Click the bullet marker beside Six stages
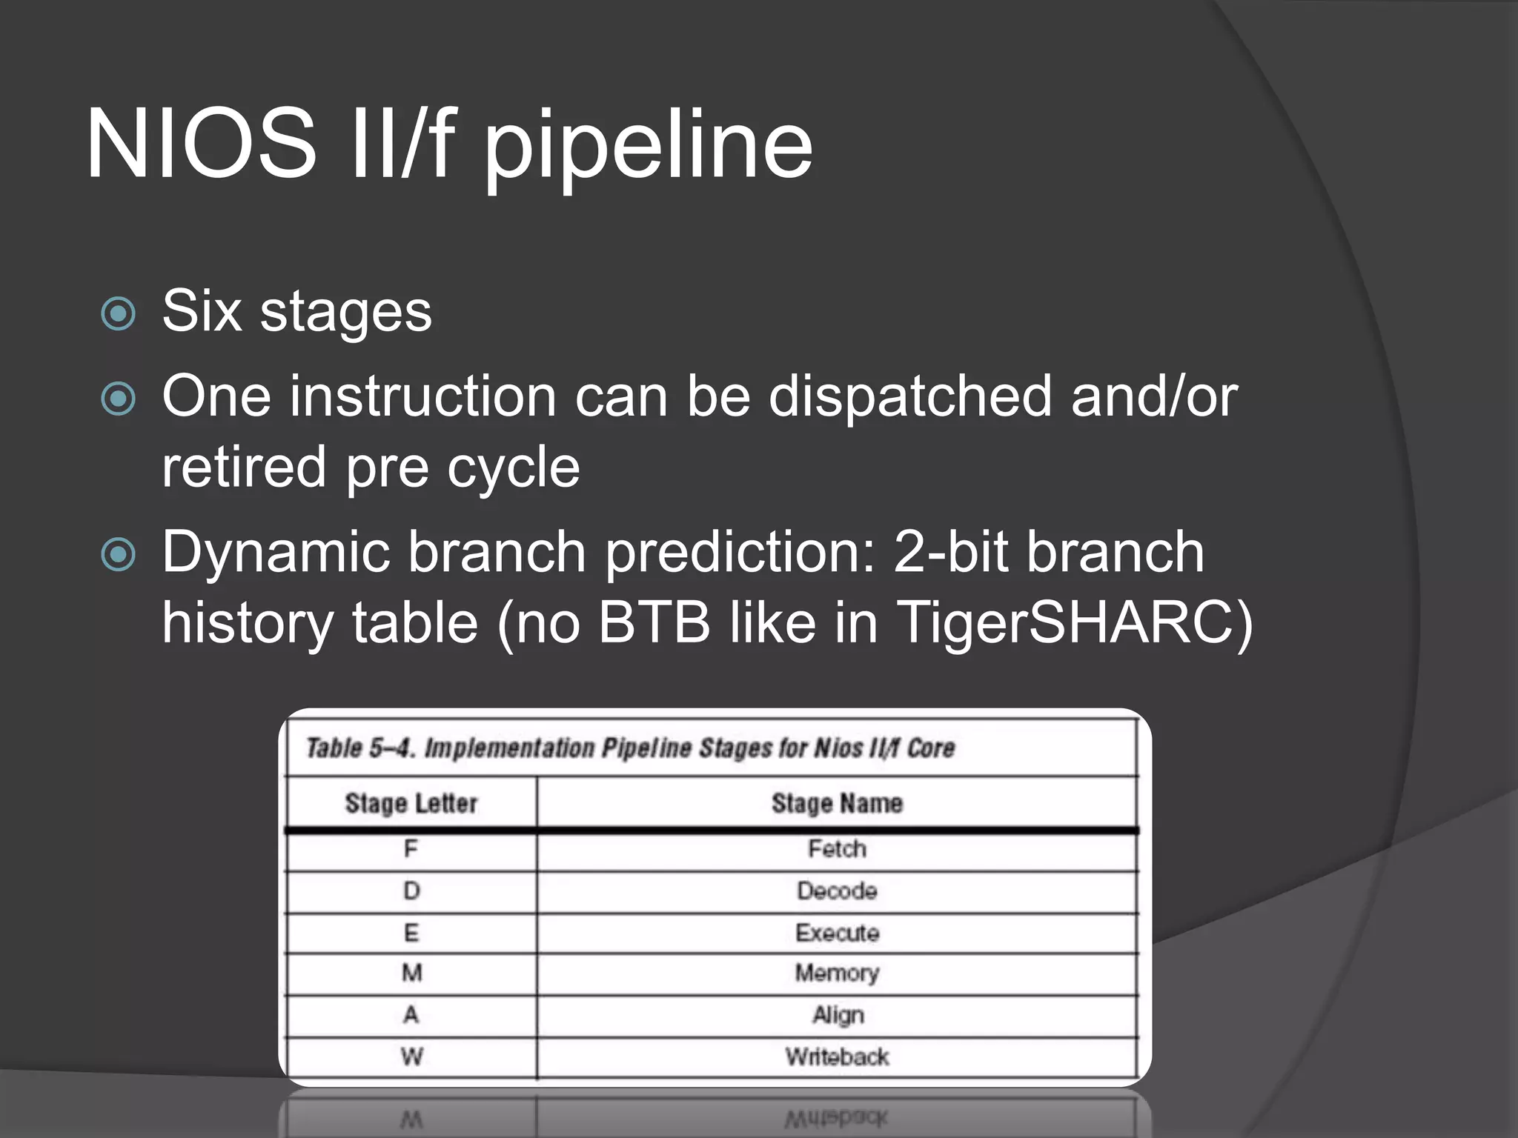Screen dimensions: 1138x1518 [119, 313]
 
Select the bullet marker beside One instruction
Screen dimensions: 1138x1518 [119, 399]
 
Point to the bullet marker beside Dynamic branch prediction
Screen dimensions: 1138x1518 [119, 554]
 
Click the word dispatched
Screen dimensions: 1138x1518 [909, 396]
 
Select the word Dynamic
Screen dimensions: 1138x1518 [276, 552]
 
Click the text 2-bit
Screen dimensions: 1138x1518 [950, 552]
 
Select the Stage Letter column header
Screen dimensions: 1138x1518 [411, 803]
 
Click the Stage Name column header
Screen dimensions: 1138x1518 [837, 803]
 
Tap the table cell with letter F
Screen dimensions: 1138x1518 [411, 849]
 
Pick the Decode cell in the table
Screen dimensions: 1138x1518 [837, 891]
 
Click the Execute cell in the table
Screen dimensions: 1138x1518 [837, 933]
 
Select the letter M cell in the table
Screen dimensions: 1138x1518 [411, 973]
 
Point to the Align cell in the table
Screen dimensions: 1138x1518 [838, 1015]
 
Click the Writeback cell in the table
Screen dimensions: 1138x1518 [837, 1057]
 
